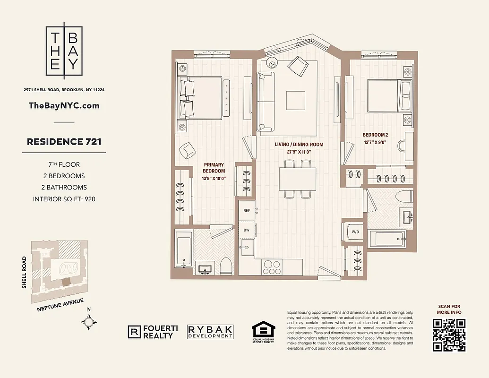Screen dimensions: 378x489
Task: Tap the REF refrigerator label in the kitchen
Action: (246, 210)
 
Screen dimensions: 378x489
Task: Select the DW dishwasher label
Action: (246, 230)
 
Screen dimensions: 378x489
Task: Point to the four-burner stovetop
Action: (272, 267)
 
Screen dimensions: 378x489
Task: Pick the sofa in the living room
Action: (264, 102)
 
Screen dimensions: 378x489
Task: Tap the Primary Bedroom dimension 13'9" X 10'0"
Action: (214, 179)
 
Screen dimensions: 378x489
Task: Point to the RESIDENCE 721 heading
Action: (64, 141)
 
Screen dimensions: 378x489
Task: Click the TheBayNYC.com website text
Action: (64, 105)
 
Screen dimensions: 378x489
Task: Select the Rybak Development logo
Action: (210, 332)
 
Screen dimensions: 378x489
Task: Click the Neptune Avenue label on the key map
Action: (60, 305)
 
